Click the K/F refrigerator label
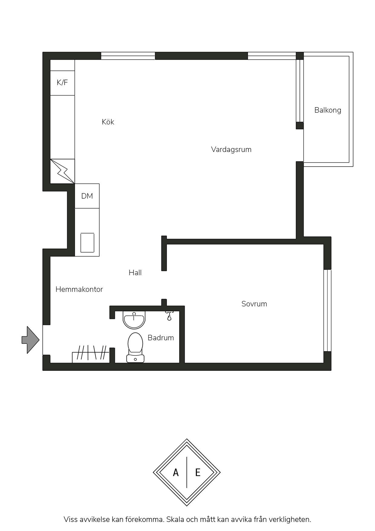(x=62, y=82)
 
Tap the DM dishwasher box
(x=87, y=196)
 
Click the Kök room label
(x=108, y=122)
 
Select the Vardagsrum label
(x=231, y=149)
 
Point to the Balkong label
(x=328, y=110)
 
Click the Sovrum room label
(x=254, y=304)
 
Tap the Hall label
(x=135, y=272)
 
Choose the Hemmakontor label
(x=79, y=289)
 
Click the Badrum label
(x=161, y=338)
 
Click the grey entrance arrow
(x=30, y=340)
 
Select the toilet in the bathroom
(x=135, y=348)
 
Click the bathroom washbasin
(x=134, y=320)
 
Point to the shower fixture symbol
(x=169, y=315)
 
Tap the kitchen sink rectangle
(x=87, y=242)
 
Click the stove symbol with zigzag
(x=62, y=171)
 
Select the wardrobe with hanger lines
(x=91, y=354)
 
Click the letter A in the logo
(x=176, y=472)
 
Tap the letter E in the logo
(x=198, y=472)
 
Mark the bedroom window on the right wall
(x=328, y=310)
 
